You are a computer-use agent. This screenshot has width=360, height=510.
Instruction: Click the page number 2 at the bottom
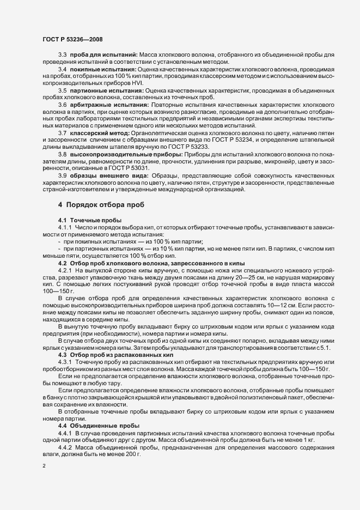point(43,466)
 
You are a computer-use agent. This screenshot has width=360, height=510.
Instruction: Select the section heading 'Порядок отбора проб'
point(102,205)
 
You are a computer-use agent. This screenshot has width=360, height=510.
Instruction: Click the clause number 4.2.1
point(65,254)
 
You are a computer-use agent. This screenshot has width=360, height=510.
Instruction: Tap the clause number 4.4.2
point(65,432)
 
